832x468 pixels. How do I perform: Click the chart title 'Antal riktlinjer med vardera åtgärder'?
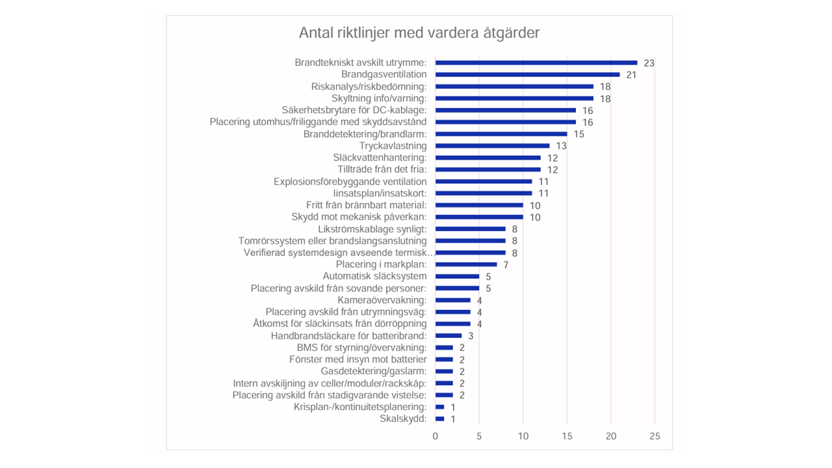coord(419,33)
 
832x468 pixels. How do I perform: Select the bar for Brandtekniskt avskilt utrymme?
coord(536,62)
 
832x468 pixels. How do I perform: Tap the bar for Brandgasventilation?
coord(527,75)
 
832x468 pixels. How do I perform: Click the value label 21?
coord(631,75)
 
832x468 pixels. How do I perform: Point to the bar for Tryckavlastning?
coord(492,146)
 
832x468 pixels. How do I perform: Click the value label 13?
coord(561,146)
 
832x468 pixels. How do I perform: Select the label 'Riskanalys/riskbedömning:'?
coord(369,86)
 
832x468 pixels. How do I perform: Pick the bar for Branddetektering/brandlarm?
coord(501,134)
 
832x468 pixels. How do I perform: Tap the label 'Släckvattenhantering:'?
coord(380,157)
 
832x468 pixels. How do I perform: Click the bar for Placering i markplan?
coord(466,265)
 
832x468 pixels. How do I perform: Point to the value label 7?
coord(506,265)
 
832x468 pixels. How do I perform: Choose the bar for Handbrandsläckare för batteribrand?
coord(448,335)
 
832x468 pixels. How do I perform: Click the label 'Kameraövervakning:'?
coord(382,300)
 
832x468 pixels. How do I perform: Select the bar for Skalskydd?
coord(439,419)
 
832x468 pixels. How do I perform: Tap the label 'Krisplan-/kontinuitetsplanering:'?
coord(360,407)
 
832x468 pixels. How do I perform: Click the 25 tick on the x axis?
coord(655,436)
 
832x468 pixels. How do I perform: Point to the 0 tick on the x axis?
coord(435,436)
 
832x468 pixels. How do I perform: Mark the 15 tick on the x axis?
coord(567,436)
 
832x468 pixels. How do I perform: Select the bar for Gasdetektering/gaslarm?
coord(444,371)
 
